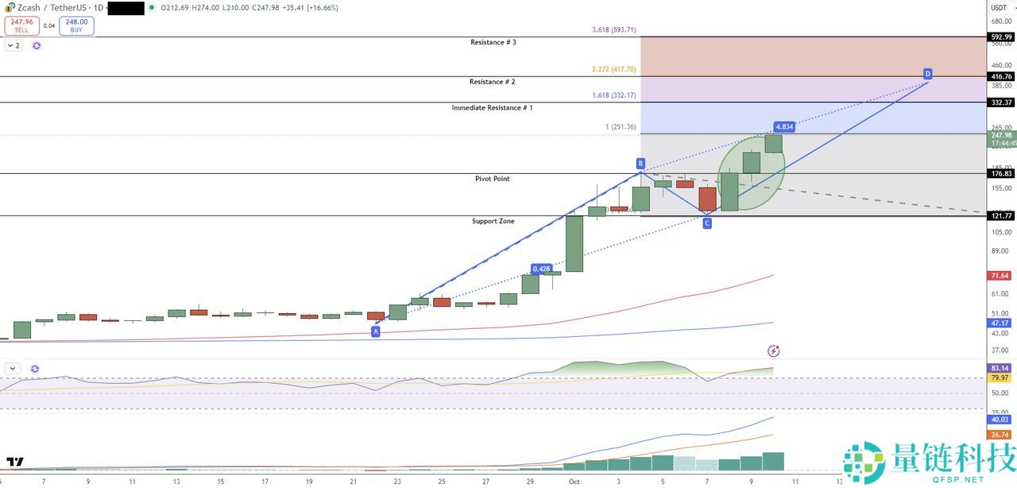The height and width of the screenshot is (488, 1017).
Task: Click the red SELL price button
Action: (21, 25)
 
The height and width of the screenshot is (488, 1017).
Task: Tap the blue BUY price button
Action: (76, 25)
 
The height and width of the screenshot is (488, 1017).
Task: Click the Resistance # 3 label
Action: (493, 42)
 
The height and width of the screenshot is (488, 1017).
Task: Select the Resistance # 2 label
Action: (493, 82)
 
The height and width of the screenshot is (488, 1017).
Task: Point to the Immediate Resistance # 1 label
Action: (493, 107)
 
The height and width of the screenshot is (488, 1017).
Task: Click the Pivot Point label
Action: (493, 179)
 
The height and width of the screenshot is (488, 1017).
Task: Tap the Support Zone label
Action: (493, 221)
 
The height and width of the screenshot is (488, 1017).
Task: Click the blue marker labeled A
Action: (376, 331)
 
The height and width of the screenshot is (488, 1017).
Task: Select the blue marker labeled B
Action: (640, 163)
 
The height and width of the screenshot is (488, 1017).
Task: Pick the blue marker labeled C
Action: (707, 223)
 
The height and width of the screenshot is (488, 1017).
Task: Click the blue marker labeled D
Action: (927, 74)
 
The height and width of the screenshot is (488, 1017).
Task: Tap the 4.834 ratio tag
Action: (784, 126)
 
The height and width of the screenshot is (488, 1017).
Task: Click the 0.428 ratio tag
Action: (542, 269)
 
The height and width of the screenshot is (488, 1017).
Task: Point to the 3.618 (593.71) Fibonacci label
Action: (614, 30)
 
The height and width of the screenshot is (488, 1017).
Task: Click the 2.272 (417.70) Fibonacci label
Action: (614, 69)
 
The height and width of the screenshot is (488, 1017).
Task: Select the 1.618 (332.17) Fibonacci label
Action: (614, 95)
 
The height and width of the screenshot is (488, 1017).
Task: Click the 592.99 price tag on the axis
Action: (1001, 37)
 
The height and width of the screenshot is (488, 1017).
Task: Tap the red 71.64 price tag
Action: (1000, 276)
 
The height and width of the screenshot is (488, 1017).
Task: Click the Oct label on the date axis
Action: (574, 481)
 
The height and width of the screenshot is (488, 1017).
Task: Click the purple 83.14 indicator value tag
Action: (1000, 368)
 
